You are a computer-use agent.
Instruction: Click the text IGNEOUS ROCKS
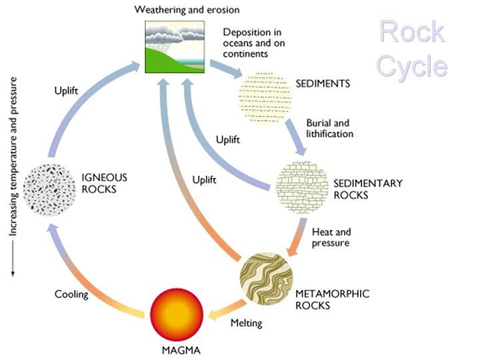click(x=104, y=183)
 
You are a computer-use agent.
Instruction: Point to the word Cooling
click(x=71, y=294)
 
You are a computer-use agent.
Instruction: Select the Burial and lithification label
click(x=329, y=128)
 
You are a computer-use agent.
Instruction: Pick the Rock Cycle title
click(x=413, y=49)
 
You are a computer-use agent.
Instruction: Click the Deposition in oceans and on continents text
click(x=253, y=42)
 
